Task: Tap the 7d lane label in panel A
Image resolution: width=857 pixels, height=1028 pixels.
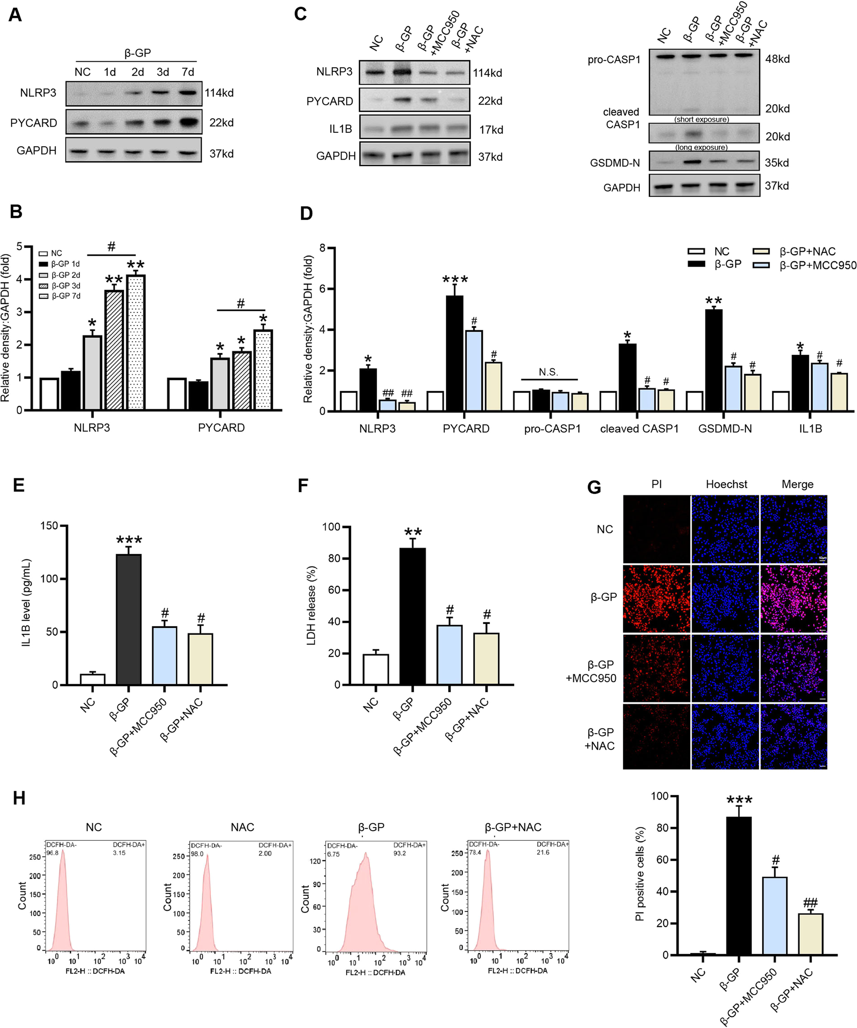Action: pos(188,72)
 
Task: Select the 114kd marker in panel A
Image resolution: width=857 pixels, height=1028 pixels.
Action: pos(219,93)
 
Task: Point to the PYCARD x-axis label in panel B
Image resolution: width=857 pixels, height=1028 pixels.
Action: pos(221,427)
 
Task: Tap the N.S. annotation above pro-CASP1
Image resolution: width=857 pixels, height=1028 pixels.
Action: pos(548,372)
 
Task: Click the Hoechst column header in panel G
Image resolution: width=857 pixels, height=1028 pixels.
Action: pos(726,484)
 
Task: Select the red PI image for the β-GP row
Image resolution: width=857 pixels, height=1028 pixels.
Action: pos(656,598)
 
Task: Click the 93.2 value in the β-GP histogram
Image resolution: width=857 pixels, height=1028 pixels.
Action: pos(399,853)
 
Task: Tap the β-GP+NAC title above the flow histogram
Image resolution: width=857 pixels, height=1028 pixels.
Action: pos(513,827)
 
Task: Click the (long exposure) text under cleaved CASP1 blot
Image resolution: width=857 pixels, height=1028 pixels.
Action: pos(701,147)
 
